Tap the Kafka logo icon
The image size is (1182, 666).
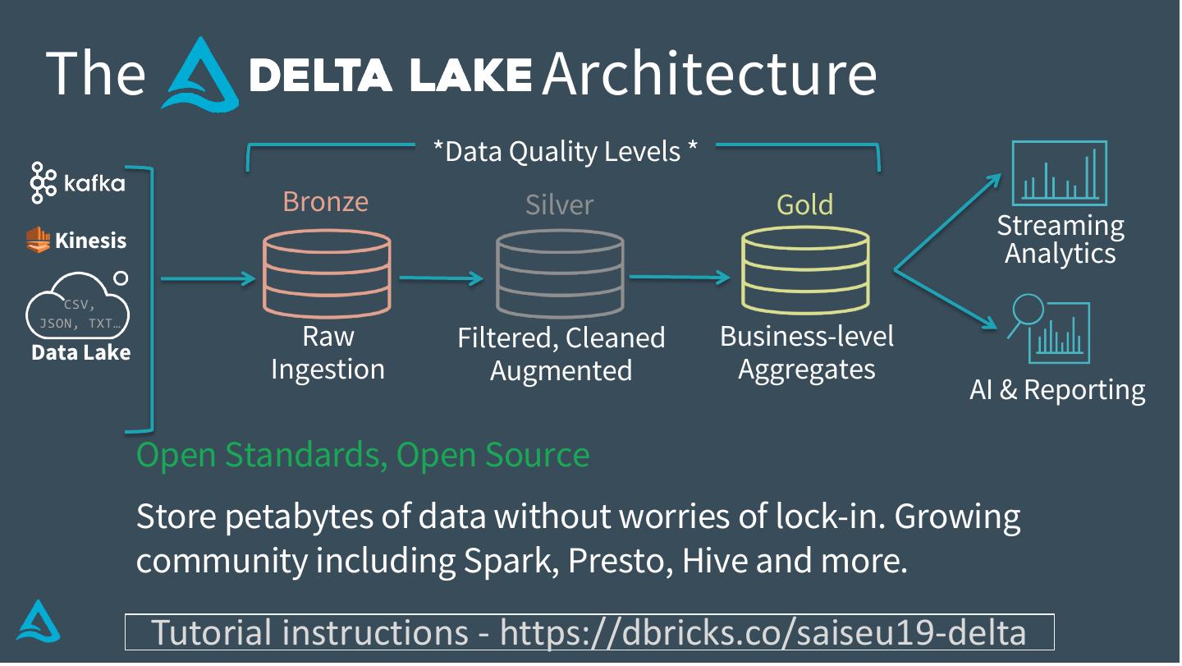(43, 182)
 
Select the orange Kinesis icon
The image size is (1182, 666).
(38, 240)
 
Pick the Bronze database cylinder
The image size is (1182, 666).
(328, 273)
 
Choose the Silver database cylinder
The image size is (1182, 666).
(560, 273)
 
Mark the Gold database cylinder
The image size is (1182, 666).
(805, 269)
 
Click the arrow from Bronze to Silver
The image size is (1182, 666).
(441, 278)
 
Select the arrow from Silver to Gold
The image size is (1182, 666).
(680, 277)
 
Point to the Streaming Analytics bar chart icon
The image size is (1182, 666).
(1060, 173)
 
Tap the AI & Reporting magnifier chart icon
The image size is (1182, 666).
(1049, 329)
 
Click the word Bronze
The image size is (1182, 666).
(326, 201)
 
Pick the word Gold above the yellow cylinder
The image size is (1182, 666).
(804, 204)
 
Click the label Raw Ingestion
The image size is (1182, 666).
(328, 352)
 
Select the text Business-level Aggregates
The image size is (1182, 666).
(807, 352)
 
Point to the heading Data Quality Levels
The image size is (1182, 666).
(565, 151)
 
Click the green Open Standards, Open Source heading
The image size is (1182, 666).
(363, 454)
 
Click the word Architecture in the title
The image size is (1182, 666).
(710, 73)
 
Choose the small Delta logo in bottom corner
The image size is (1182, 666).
(38, 621)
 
